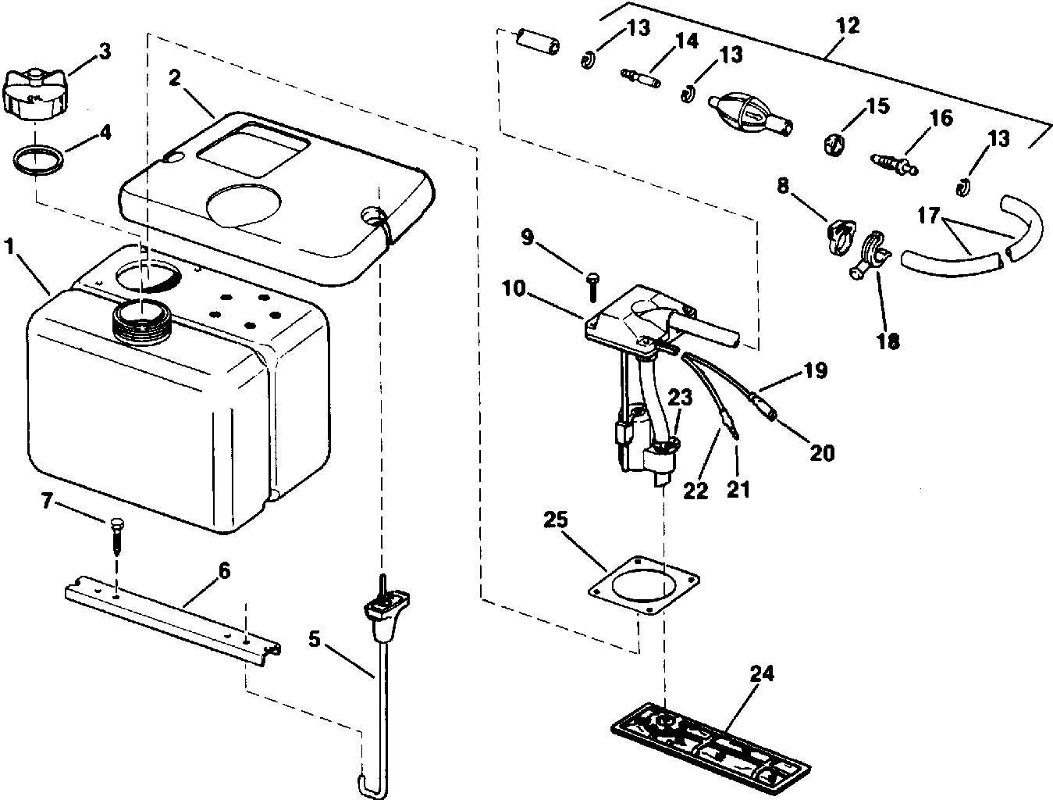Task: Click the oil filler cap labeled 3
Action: point(35,93)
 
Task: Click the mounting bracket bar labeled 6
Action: point(172,613)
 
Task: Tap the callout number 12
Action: point(847,25)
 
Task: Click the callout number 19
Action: point(816,370)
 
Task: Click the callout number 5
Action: point(314,639)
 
